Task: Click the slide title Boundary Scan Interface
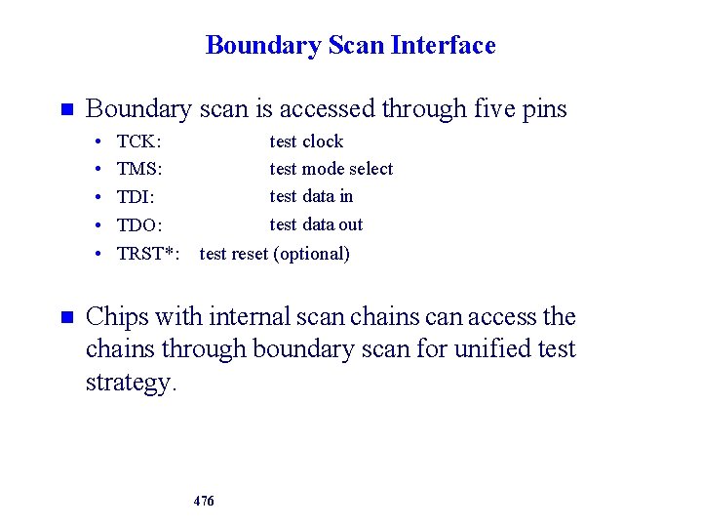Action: click(350, 45)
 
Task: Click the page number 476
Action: click(204, 501)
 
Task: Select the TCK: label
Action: click(138, 142)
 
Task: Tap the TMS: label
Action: click(139, 170)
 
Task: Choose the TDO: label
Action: click(139, 225)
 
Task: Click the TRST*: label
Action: click(148, 254)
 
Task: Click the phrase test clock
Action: click(306, 142)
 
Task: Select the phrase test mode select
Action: click(331, 169)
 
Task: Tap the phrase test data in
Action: click(311, 196)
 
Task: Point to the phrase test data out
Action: click(316, 224)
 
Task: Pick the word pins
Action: click(545, 110)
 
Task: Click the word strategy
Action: click(131, 383)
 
